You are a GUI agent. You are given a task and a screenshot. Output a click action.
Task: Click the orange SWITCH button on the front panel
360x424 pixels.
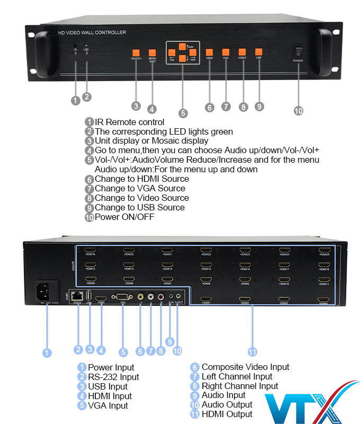tap(136, 52)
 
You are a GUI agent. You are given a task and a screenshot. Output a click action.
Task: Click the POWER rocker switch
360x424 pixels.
tap(298, 52)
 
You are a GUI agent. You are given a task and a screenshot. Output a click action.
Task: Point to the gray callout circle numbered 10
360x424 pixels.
tap(299, 110)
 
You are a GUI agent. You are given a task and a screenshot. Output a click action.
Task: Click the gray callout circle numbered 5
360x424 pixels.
tap(183, 112)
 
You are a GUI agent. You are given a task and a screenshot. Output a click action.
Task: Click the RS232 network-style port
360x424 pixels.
tap(78, 295)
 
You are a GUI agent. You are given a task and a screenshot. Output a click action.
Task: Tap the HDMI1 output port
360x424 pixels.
tap(205, 299)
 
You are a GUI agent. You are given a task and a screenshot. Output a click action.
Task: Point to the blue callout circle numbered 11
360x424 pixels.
tap(253, 351)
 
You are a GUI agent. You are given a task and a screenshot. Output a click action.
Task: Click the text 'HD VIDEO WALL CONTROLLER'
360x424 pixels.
tap(92, 33)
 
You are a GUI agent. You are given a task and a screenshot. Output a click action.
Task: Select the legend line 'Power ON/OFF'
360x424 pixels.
tap(124, 217)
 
